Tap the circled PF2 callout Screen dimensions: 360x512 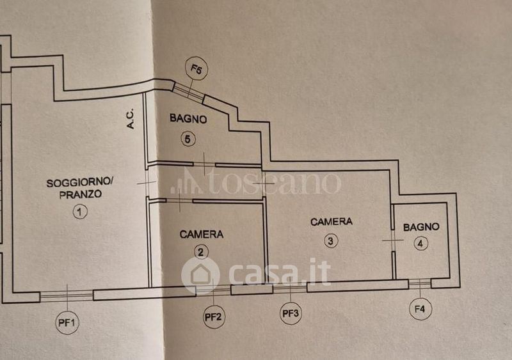click(x=214, y=316)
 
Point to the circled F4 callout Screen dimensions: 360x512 click(x=420, y=309)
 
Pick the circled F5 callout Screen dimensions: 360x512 click(x=196, y=69)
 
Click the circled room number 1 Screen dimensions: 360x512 click(x=79, y=212)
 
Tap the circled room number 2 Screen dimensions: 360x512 click(x=202, y=251)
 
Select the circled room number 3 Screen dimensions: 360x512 click(x=330, y=241)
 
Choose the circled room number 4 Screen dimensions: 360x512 click(x=420, y=243)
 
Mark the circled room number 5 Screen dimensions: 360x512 click(x=188, y=139)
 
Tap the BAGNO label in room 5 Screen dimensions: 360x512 click(x=188, y=119)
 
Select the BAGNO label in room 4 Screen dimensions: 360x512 click(x=420, y=226)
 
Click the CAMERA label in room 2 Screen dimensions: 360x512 click(x=202, y=235)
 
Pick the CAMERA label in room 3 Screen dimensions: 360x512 click(x=331, y=222)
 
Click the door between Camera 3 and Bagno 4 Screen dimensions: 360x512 click(x=392, y=240)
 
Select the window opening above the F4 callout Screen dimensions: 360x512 click(x=420, y=283)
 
